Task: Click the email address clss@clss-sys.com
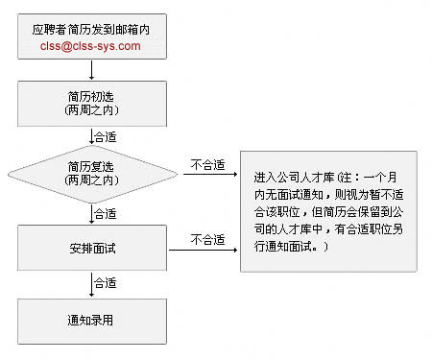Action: point(91,45)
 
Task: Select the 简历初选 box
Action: point(91,104)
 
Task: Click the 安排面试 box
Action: point(91,249)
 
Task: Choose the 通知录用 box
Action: point(91,318)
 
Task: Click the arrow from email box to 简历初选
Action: point(91,70)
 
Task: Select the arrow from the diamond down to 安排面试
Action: point(91,213)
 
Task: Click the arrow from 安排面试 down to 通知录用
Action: point(91,284)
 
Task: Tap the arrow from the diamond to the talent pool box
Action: point(206,174)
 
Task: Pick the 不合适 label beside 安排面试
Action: point(207,238)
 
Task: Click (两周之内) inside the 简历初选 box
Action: point(91,111)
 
